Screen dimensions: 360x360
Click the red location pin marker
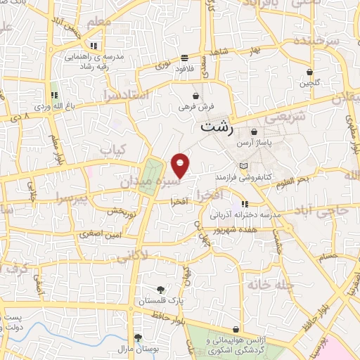click(x=181, y=165)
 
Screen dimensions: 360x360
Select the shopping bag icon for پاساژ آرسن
click(x=253, y=131)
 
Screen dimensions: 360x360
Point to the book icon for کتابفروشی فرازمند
click(x=244, y=166)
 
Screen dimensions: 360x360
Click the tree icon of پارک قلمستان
click(x=162, y=289)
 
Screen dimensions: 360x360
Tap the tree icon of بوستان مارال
click(x=138, y=337)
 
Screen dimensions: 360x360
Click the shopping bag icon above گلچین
click(x=309, y=72)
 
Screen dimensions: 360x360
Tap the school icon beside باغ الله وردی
click(x=54, y=96)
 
